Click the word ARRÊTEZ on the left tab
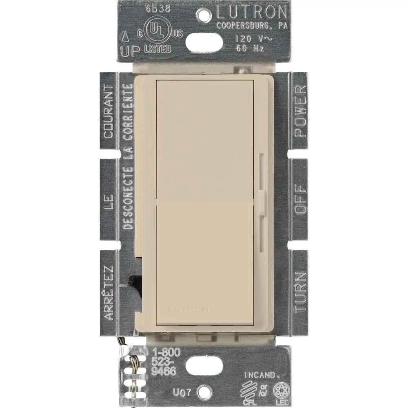[x=108, y=292]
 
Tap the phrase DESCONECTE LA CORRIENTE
[x=127, y=157]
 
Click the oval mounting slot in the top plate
[x=204, y=42]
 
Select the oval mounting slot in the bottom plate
[x=204, y=366]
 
